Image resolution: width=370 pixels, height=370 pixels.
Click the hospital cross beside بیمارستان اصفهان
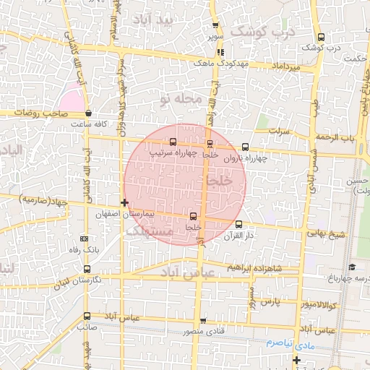[126, 203]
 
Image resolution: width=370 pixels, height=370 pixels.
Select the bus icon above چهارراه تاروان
[245, 145]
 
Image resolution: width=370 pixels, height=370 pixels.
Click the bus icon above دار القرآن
[238, 224]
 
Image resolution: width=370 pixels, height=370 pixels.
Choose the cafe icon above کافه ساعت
[88, 113]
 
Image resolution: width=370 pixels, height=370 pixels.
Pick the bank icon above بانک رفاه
[85, 238]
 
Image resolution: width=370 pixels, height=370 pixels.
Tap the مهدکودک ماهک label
[215, 64]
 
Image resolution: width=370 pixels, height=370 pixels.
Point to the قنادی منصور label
[202, 332]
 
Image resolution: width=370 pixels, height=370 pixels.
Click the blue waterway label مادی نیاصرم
[289, 341]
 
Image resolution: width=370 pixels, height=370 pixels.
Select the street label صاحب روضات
[46, 113]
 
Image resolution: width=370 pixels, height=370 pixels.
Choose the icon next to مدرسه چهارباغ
[351, 267]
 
